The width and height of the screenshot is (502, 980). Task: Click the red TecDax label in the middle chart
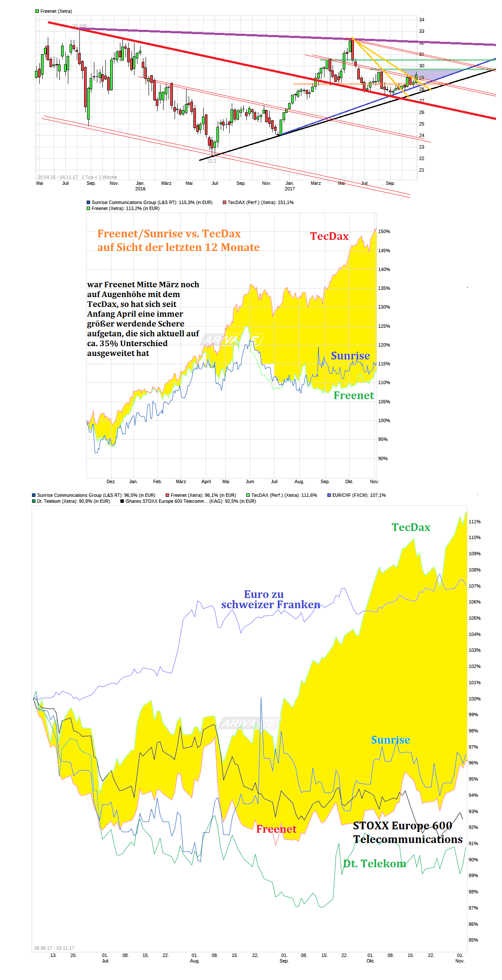[x=329, y=236]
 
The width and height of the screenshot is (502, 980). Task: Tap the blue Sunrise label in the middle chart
[x=350, y=356]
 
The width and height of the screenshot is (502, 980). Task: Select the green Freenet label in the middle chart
[x=353, y=396]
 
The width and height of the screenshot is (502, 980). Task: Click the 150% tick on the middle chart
[x=384, y=232]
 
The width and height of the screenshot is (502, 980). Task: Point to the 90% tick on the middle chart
[x=382, y=459]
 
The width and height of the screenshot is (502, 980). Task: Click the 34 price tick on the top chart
[x=422, y=20]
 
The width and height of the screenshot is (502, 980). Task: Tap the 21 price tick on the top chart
[x=422, y=170]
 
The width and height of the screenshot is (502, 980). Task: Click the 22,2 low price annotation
[x=212, y=161]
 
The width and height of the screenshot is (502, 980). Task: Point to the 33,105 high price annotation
[x=79, y=26]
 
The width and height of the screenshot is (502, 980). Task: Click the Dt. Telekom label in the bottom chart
[x=374, y=864]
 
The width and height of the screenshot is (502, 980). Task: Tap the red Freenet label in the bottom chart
[x=276, y=829]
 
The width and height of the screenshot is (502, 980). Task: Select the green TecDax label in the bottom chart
[x=411, y=528]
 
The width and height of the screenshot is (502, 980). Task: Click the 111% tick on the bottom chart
[x=474, y=522]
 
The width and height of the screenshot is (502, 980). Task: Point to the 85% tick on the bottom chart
[x=473, y=940]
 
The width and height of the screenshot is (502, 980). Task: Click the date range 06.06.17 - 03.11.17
[x=54, y=948]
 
